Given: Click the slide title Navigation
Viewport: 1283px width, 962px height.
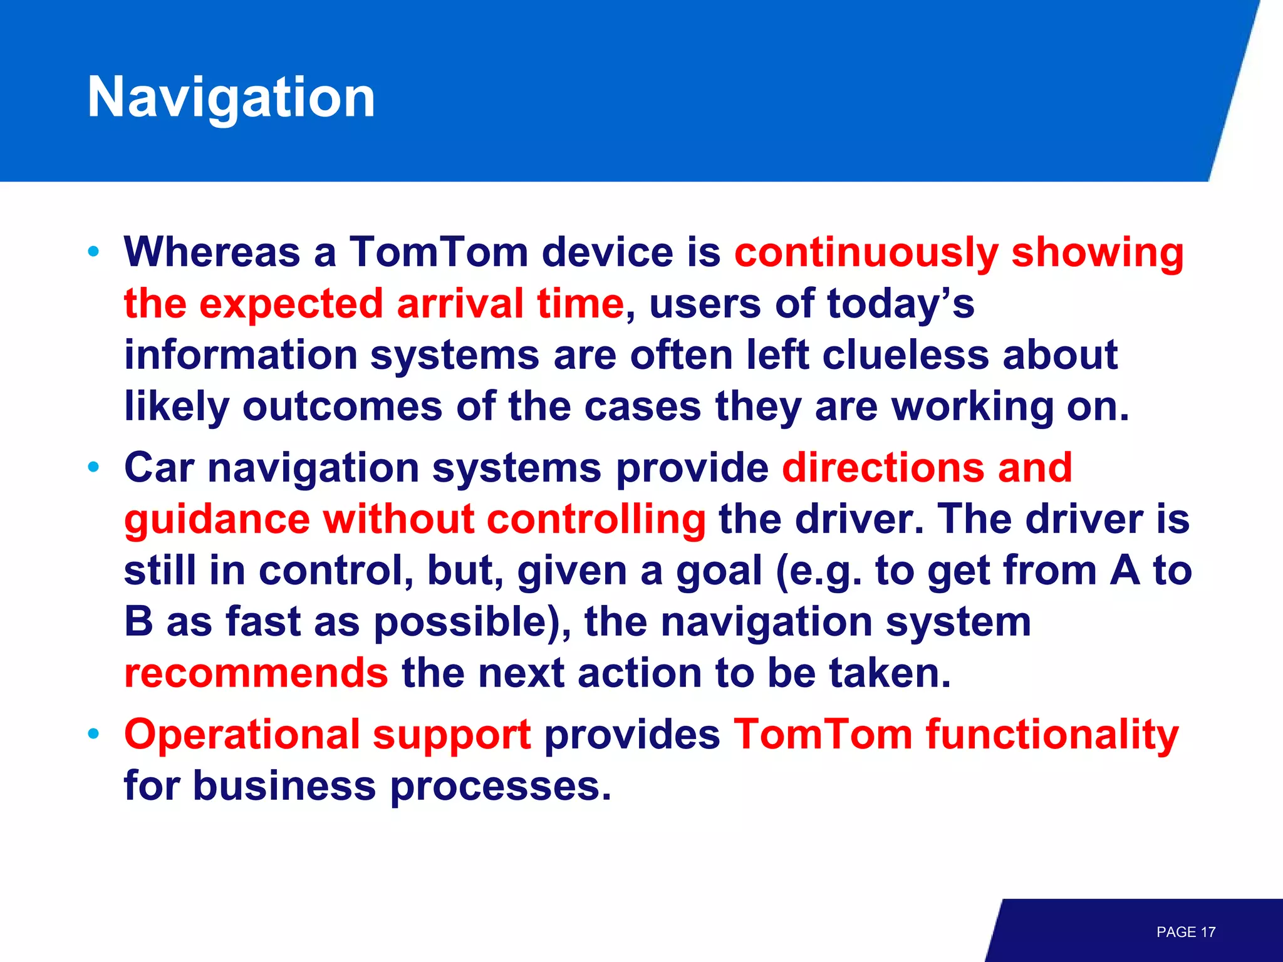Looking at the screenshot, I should [x=231, y=98].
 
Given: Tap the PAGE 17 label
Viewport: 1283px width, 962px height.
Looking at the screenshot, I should [x=1185, y=932].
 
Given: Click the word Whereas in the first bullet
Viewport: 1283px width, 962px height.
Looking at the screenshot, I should [x=212, y=252].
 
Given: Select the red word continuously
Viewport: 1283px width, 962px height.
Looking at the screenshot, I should [x=866, y=253].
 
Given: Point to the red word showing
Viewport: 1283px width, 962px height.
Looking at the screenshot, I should [x=1097, y=253].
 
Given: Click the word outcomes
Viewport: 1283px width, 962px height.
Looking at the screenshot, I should [x=342, y=406].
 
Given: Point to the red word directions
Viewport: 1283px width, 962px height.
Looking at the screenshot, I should [x=883, y=468].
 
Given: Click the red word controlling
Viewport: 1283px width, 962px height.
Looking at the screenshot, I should [x=596, y=519].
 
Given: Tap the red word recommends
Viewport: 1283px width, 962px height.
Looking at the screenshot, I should [x=256, y=673].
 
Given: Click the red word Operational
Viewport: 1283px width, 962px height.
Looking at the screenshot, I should [x=241, y=735].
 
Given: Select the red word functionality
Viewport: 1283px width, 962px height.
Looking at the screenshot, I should [x=1052, y=735].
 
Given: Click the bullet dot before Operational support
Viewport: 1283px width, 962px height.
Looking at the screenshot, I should [x=93, y=734].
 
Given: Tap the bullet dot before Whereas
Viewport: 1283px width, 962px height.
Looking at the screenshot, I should [x=93, y=252].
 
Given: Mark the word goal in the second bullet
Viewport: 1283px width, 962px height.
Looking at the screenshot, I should [x=719, y=571].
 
